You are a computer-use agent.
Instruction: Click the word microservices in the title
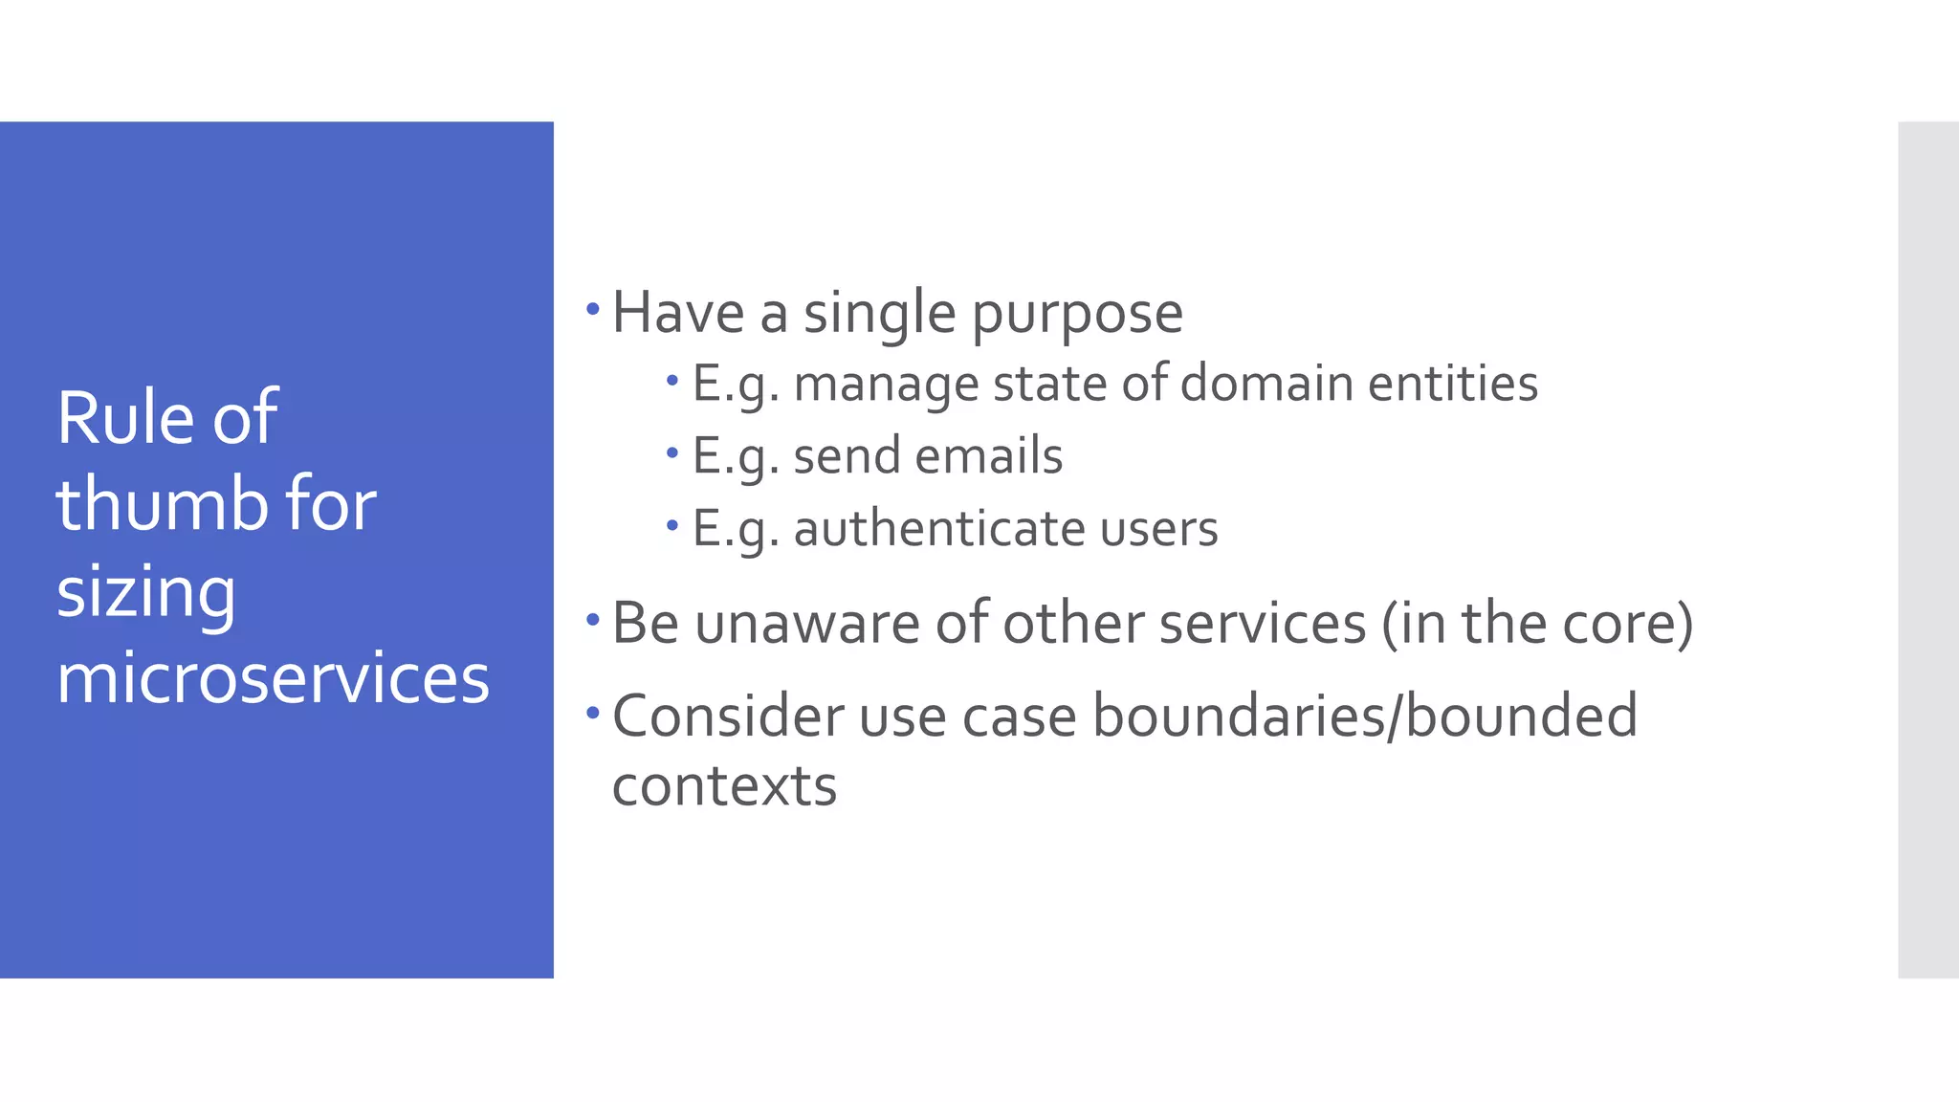point(273,678)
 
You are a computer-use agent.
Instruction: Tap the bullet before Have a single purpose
point(593,309)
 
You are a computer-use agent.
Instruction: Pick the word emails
point(988,455)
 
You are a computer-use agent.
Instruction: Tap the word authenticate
point(938,528)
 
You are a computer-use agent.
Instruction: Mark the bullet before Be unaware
point(593,620)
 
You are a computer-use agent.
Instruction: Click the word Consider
point(728,716)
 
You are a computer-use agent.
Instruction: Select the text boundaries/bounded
point(1364,716)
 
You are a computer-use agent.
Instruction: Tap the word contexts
point(724,786)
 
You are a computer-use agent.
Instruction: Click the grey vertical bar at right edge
point(1927,550)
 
